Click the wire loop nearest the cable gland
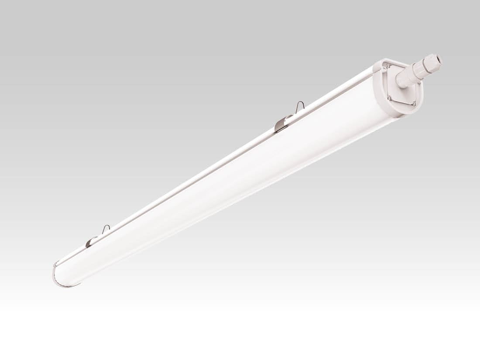pos(300,106)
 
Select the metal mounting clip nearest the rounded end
pos(90,241)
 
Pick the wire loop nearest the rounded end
pos(106,228)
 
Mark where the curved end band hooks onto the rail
pos(56,264)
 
